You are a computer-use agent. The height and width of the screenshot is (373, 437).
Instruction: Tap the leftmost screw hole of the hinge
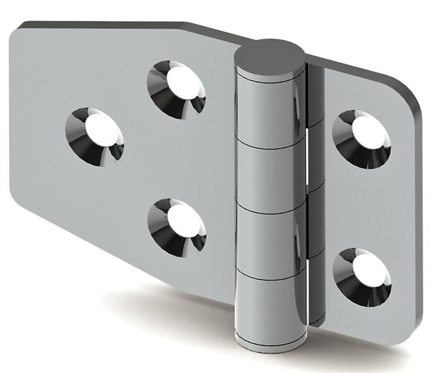point(95,135)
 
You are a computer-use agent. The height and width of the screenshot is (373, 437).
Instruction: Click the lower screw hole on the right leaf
point(362,275)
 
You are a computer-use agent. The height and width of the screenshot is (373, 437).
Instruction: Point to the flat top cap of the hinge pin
point(270,54)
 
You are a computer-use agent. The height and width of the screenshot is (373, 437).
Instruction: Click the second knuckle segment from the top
point(269,171)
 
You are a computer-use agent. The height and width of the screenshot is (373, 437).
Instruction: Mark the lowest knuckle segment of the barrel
point(269,305)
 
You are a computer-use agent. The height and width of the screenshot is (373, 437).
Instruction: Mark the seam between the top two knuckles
point(269,139)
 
